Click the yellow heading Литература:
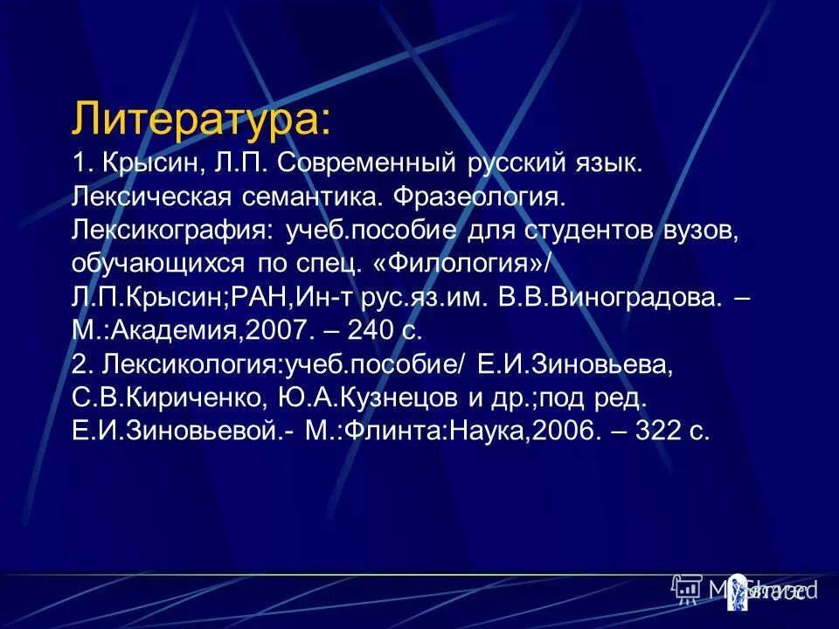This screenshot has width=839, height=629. [202, 119]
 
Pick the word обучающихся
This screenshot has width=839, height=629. [161, 263]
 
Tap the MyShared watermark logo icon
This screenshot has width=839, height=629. [687, 590]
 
